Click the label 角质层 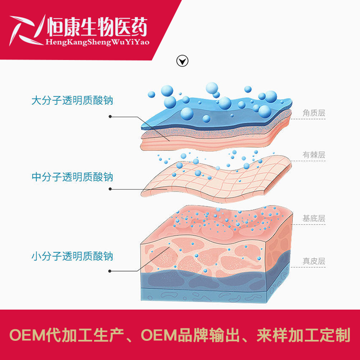[314, 113]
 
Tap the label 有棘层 [314, 155]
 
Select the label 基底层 [314, 218]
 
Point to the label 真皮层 [314, 262]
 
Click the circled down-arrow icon [182, 61]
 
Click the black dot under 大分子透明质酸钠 [110, 116]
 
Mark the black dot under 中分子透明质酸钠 [110, 189]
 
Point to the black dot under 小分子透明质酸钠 [110, 271]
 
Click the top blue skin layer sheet [216, 115]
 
